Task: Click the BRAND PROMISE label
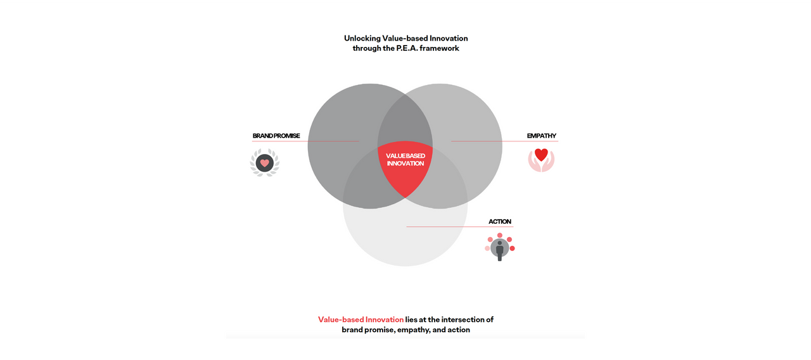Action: click(x=276, y=136)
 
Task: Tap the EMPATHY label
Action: click(x=541, y=136)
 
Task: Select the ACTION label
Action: click(x=500, y=222)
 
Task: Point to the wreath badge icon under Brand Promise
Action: click(x=265, y=163)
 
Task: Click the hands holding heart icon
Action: click(x=541, y=160)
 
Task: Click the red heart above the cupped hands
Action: click(x=541, y=155)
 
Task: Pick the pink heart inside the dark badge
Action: click(x=265, y=163)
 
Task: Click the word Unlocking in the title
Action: click(x=362, y=39)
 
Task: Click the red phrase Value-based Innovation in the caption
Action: click(x=361, y=319)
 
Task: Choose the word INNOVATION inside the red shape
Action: click(x=405, y=164)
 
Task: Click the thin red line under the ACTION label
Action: click(x=460, y=227)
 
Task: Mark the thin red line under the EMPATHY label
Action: click(x=505, y=141)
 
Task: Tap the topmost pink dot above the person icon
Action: click(x=500, y=235)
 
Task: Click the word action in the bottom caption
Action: click(x=459, y=330)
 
